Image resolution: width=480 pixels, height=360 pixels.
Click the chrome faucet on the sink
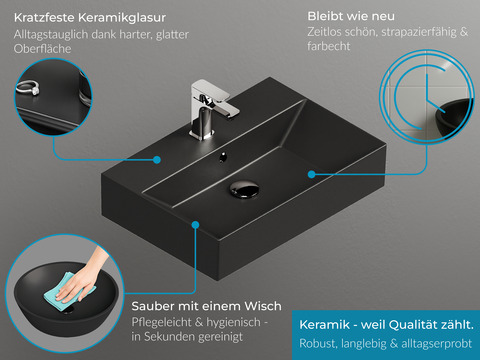tap(210, 108)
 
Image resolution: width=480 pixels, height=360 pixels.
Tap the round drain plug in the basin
tap(244, 189)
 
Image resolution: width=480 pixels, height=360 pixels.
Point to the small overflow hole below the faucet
tap(223, 157)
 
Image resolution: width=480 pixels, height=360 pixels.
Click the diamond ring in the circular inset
tap(28, 88)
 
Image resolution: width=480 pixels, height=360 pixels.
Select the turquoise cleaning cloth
tap(68, 291)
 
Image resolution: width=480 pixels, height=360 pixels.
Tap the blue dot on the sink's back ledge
tap(157, 160)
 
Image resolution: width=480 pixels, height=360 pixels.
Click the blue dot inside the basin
tap(312, 174)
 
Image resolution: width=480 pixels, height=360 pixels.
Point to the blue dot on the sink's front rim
tap(196, 225)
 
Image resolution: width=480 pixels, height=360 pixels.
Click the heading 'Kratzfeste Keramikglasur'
tap(90, 18)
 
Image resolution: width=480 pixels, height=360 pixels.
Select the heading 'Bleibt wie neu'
tap(351, 16)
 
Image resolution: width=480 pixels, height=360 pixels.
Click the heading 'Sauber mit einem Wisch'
tap(206, 306)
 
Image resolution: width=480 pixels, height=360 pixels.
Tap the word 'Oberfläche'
tap(42, 49)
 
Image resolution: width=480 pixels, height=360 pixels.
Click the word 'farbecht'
tap(329, 46)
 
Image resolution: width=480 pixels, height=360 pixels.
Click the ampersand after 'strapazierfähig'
tap(464, 32)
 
